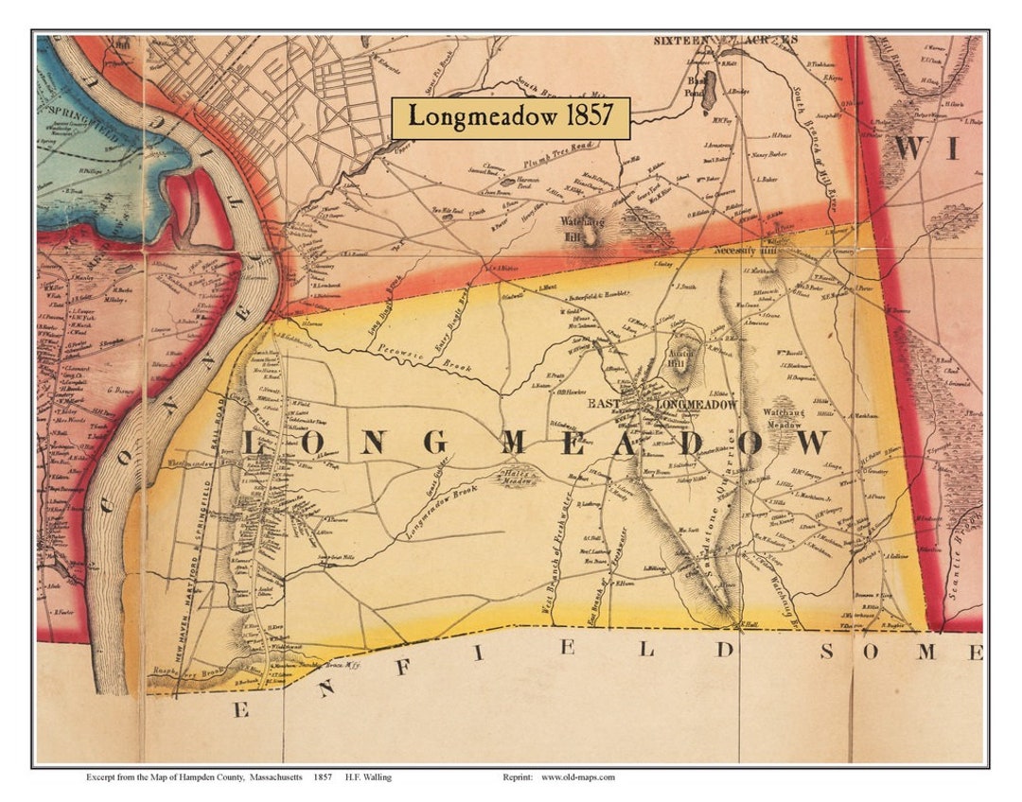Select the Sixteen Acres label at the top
726,42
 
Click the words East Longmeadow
662,405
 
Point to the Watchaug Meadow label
785,418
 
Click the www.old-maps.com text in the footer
578,777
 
